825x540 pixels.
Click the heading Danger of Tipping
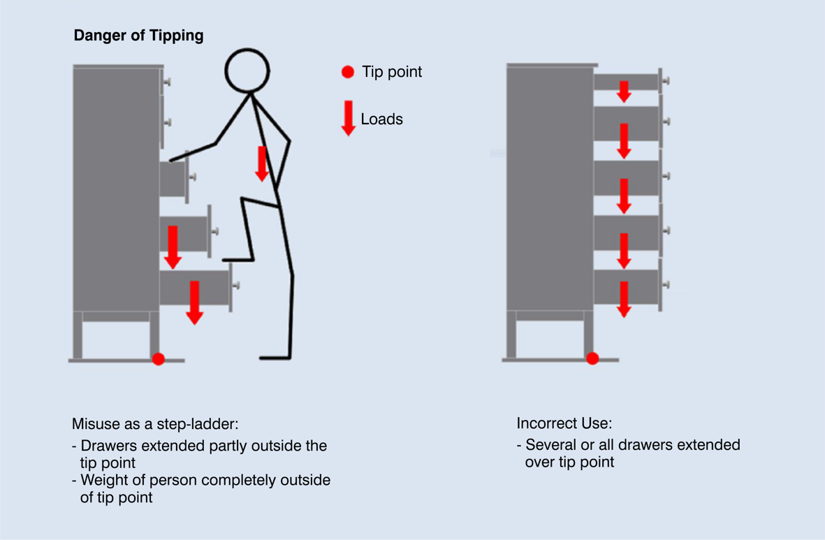coord(138,36)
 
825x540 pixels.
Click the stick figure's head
coord(247,71)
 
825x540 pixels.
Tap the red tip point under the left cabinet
coord(159,359)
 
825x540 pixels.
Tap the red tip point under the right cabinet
coord(592,358)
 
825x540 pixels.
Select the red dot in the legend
coord(348,71)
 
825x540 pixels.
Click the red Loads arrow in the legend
coord(349,118)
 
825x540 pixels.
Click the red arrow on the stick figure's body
coord(262,163)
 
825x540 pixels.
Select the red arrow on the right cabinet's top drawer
coord(625,91)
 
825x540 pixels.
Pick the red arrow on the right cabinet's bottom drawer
coord(625,299)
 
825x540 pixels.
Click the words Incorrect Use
coord(564,423)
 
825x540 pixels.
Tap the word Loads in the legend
coord(381,119)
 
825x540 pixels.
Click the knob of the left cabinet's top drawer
coord(168,82)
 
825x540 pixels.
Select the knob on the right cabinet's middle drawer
coord(666,176)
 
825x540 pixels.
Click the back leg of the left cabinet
coord(78,335)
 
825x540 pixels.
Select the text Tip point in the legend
coord(392,72)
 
